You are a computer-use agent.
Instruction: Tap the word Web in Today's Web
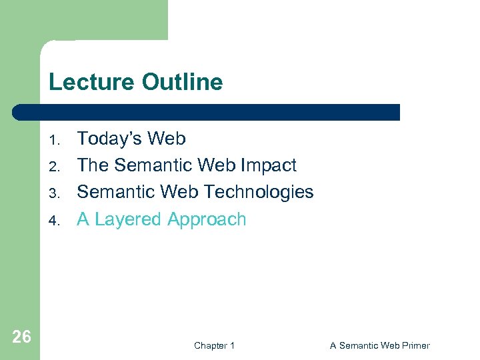(166, 139)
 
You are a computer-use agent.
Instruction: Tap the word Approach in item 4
(207, 219)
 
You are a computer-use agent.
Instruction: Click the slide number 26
(21, 337)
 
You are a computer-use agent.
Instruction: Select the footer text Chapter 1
(214, 345)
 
